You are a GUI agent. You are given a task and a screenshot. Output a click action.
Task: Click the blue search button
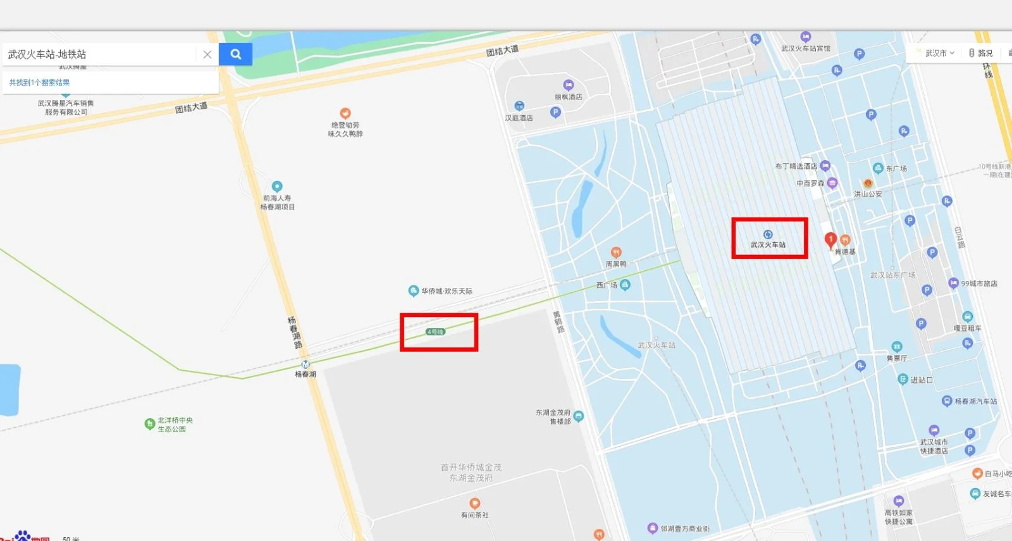(x=235, y=54)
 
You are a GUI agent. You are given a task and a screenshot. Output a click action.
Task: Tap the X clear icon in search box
(x=207, y=54)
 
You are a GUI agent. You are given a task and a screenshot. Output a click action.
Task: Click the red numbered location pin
(x=830, y=240)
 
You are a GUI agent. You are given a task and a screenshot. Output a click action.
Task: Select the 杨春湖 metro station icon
(x=305, y=364)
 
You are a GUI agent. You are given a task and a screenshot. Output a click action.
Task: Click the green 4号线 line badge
(x=435, y=332)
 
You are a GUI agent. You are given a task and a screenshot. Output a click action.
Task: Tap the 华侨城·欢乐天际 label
(x=447, y=291)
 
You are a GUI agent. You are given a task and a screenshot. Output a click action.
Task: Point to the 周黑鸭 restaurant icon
(x=616, y=252)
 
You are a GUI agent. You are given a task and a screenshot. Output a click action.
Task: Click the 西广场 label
(x=606, y=285)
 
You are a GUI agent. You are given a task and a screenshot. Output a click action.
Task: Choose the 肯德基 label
(x=845, y=252)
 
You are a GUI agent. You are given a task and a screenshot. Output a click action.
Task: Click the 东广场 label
(x=896, y=168)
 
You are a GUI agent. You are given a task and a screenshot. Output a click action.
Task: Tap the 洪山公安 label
(x=868, y=194)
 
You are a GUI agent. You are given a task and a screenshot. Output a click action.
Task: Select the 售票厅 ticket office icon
(x=897, y=347)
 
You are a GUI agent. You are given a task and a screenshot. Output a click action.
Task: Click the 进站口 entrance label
(x=921, y=380)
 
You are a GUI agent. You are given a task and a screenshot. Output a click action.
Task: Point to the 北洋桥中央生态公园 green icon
(x=150, y=424)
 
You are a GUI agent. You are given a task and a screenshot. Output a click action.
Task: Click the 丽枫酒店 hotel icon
(x=568, y=85)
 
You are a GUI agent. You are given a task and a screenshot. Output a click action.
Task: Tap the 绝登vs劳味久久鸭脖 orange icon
(x=345, y=113)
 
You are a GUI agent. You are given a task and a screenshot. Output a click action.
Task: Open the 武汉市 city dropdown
(x=939, y=53)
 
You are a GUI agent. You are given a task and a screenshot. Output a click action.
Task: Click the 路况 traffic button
(x=981, y=53)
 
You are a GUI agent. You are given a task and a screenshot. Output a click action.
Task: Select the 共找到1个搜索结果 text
(x=39, y=83)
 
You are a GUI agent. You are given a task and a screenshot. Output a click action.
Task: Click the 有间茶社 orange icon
(x=474, y=504)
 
